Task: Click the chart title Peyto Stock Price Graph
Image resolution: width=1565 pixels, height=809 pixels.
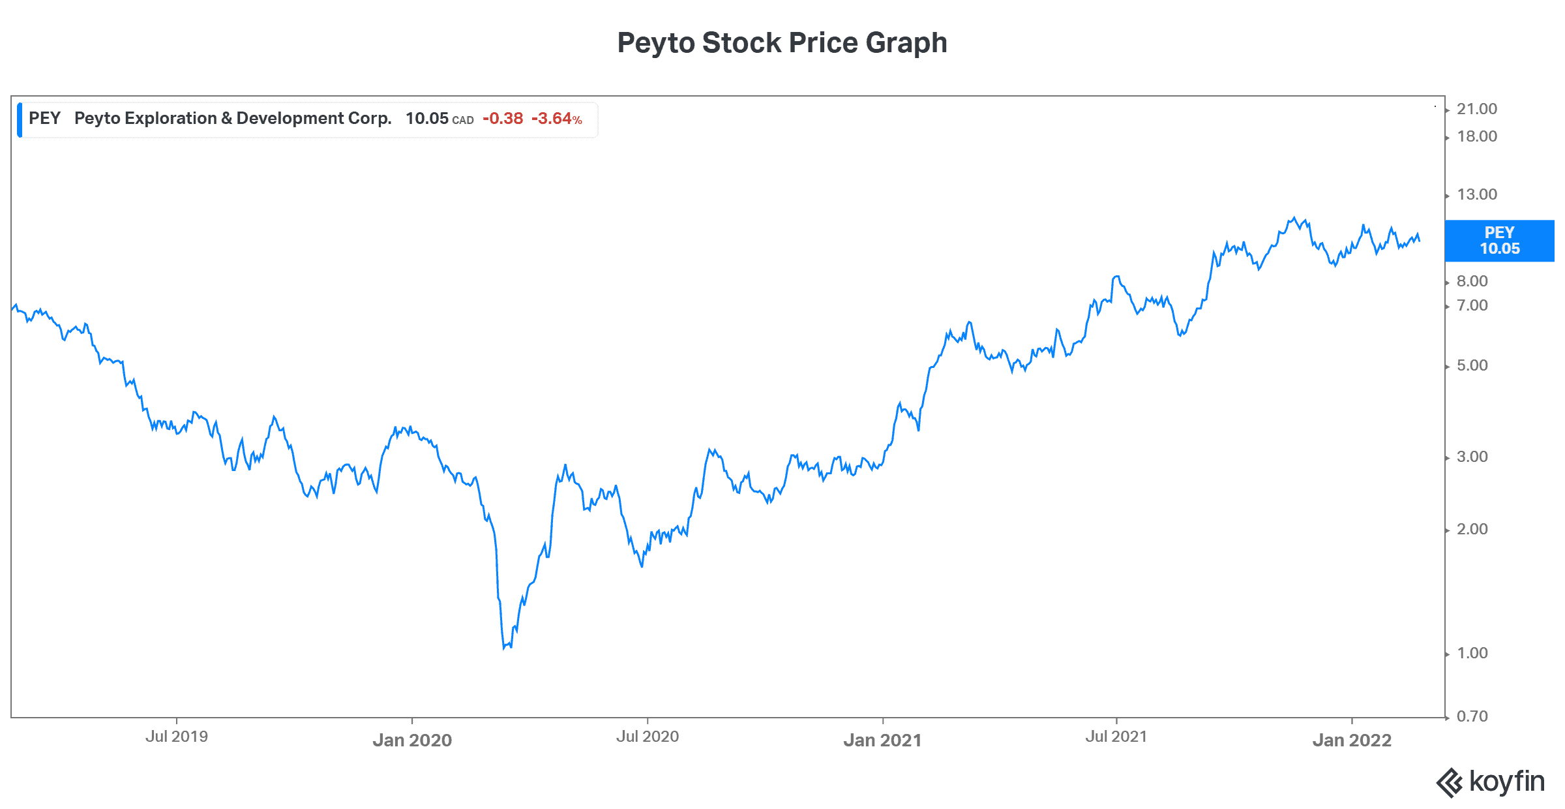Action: point(782,43)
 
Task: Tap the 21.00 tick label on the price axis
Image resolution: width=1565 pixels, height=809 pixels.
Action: point(1476,109)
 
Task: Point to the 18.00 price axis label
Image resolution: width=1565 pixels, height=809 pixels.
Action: point(1476,136)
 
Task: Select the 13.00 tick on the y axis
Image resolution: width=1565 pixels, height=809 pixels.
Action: point(1476,194)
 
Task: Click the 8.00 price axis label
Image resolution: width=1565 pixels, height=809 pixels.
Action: point(1472,281)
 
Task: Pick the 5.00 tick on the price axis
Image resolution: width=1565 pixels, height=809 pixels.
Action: point(1472,365)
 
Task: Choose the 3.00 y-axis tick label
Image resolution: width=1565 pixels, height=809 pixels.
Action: point(1472,457)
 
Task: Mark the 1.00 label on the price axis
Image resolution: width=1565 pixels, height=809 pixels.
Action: point(1472,653)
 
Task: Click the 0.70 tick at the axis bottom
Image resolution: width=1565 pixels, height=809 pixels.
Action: point(1472,716)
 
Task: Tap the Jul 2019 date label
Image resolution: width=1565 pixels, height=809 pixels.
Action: point(176,737)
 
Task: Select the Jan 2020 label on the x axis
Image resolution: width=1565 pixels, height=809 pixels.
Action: point(412,740)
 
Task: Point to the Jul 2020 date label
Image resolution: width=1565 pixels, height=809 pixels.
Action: point(648,737)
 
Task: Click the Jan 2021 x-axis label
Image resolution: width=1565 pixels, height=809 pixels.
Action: point(882,740)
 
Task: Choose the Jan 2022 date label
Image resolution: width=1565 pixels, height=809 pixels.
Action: point(1352,740)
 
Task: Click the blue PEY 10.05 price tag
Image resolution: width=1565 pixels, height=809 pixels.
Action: point(1499,241)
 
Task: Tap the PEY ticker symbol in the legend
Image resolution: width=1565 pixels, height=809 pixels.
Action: point(44,118)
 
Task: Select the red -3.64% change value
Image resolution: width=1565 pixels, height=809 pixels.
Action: point(556,119)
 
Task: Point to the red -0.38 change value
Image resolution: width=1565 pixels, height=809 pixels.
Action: point(503,119)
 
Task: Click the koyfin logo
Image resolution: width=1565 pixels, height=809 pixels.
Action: point(1490,782)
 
